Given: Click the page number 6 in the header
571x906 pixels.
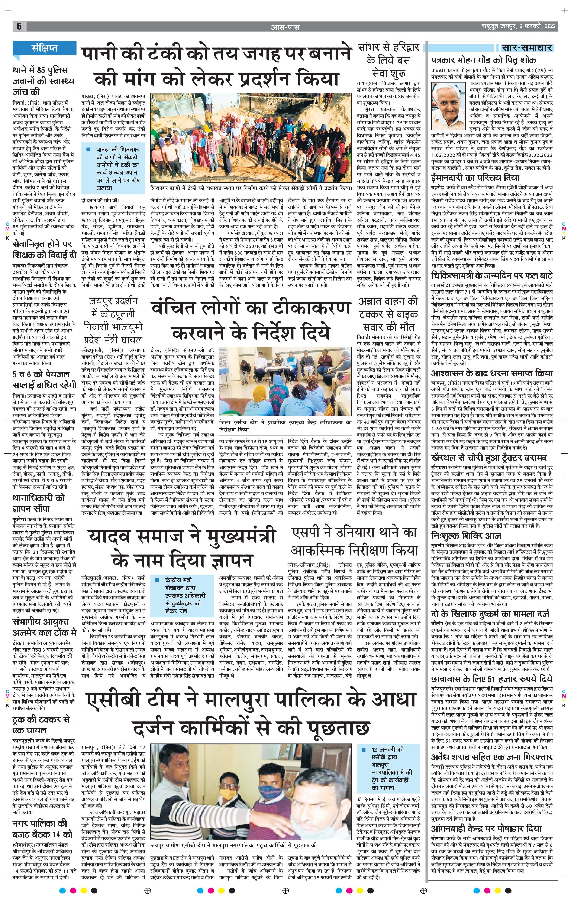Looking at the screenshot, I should (x=19, y=26).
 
